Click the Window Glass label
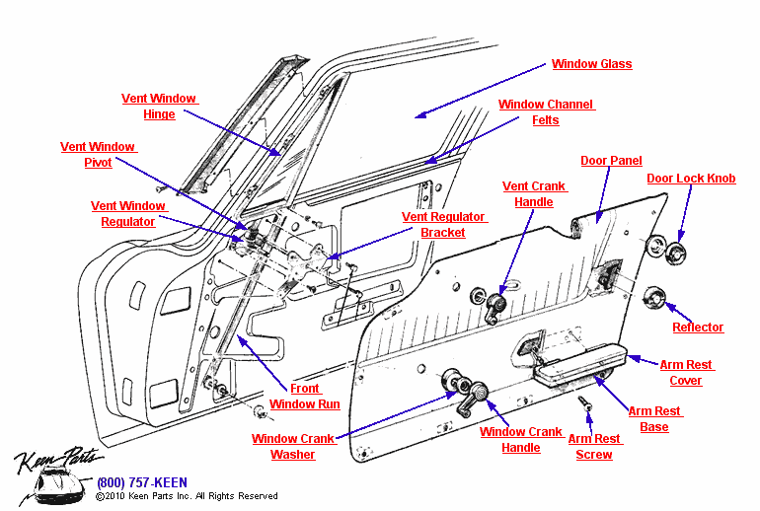[x=591, y=64]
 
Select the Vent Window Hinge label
[x=159, y=107]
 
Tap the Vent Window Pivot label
[x=98, y=155]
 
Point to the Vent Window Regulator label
[x=128, y=214]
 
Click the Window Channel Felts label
[x=546, y=112]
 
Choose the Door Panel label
[x=611, y=161]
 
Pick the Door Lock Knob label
[x=691, y=179]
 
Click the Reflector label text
[x=698, y=328]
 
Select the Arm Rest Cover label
[x=686, y=373]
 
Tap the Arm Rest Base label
[x=653, y=419]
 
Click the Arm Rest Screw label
[x=594, y=447]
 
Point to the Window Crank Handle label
[x=520, y=440]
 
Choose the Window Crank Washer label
[x=293, y=447]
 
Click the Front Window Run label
[x=305, y=397]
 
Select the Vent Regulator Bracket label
[x=443, y=225]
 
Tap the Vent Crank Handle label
[x=534, y=194]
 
